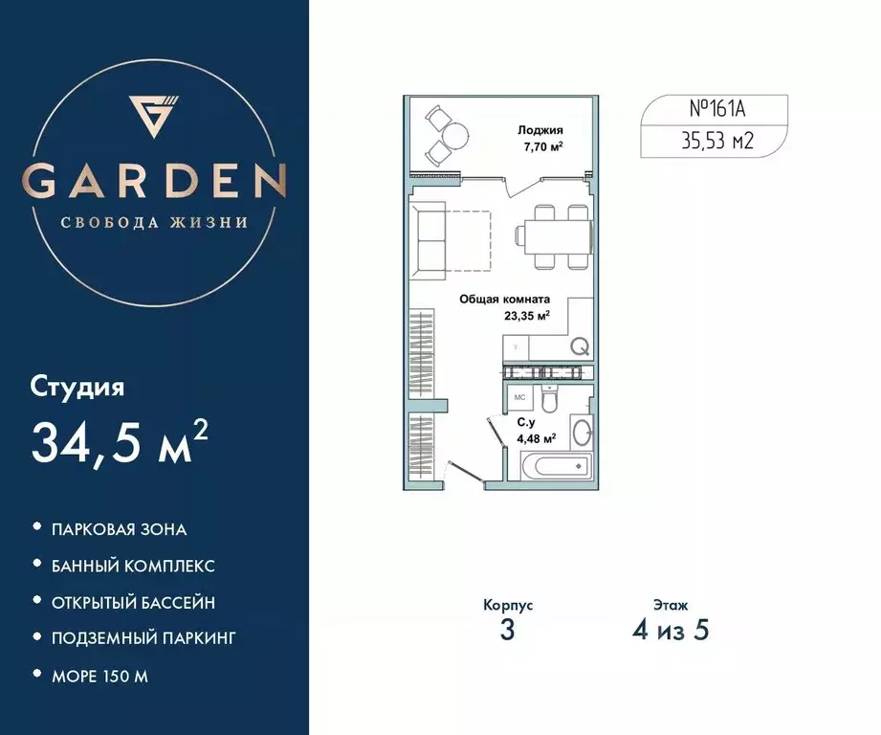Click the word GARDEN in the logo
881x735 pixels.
point(154,180)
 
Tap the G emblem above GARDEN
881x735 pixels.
point(154,113)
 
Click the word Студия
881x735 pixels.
point(77,388)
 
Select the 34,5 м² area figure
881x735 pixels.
point(121,441)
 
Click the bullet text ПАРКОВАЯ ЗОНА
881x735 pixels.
point(119,529)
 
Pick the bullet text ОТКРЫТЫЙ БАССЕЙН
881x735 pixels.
point(132,602)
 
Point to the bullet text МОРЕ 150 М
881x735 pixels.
point(100,676)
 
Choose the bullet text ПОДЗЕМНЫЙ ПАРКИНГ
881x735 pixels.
point(143,638)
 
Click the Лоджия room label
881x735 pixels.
point(540,131)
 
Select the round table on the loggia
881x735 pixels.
point(454,133)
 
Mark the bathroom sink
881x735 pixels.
point(581,434)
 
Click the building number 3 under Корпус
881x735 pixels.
point(507,633)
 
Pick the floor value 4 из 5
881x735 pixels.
point(671,631)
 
